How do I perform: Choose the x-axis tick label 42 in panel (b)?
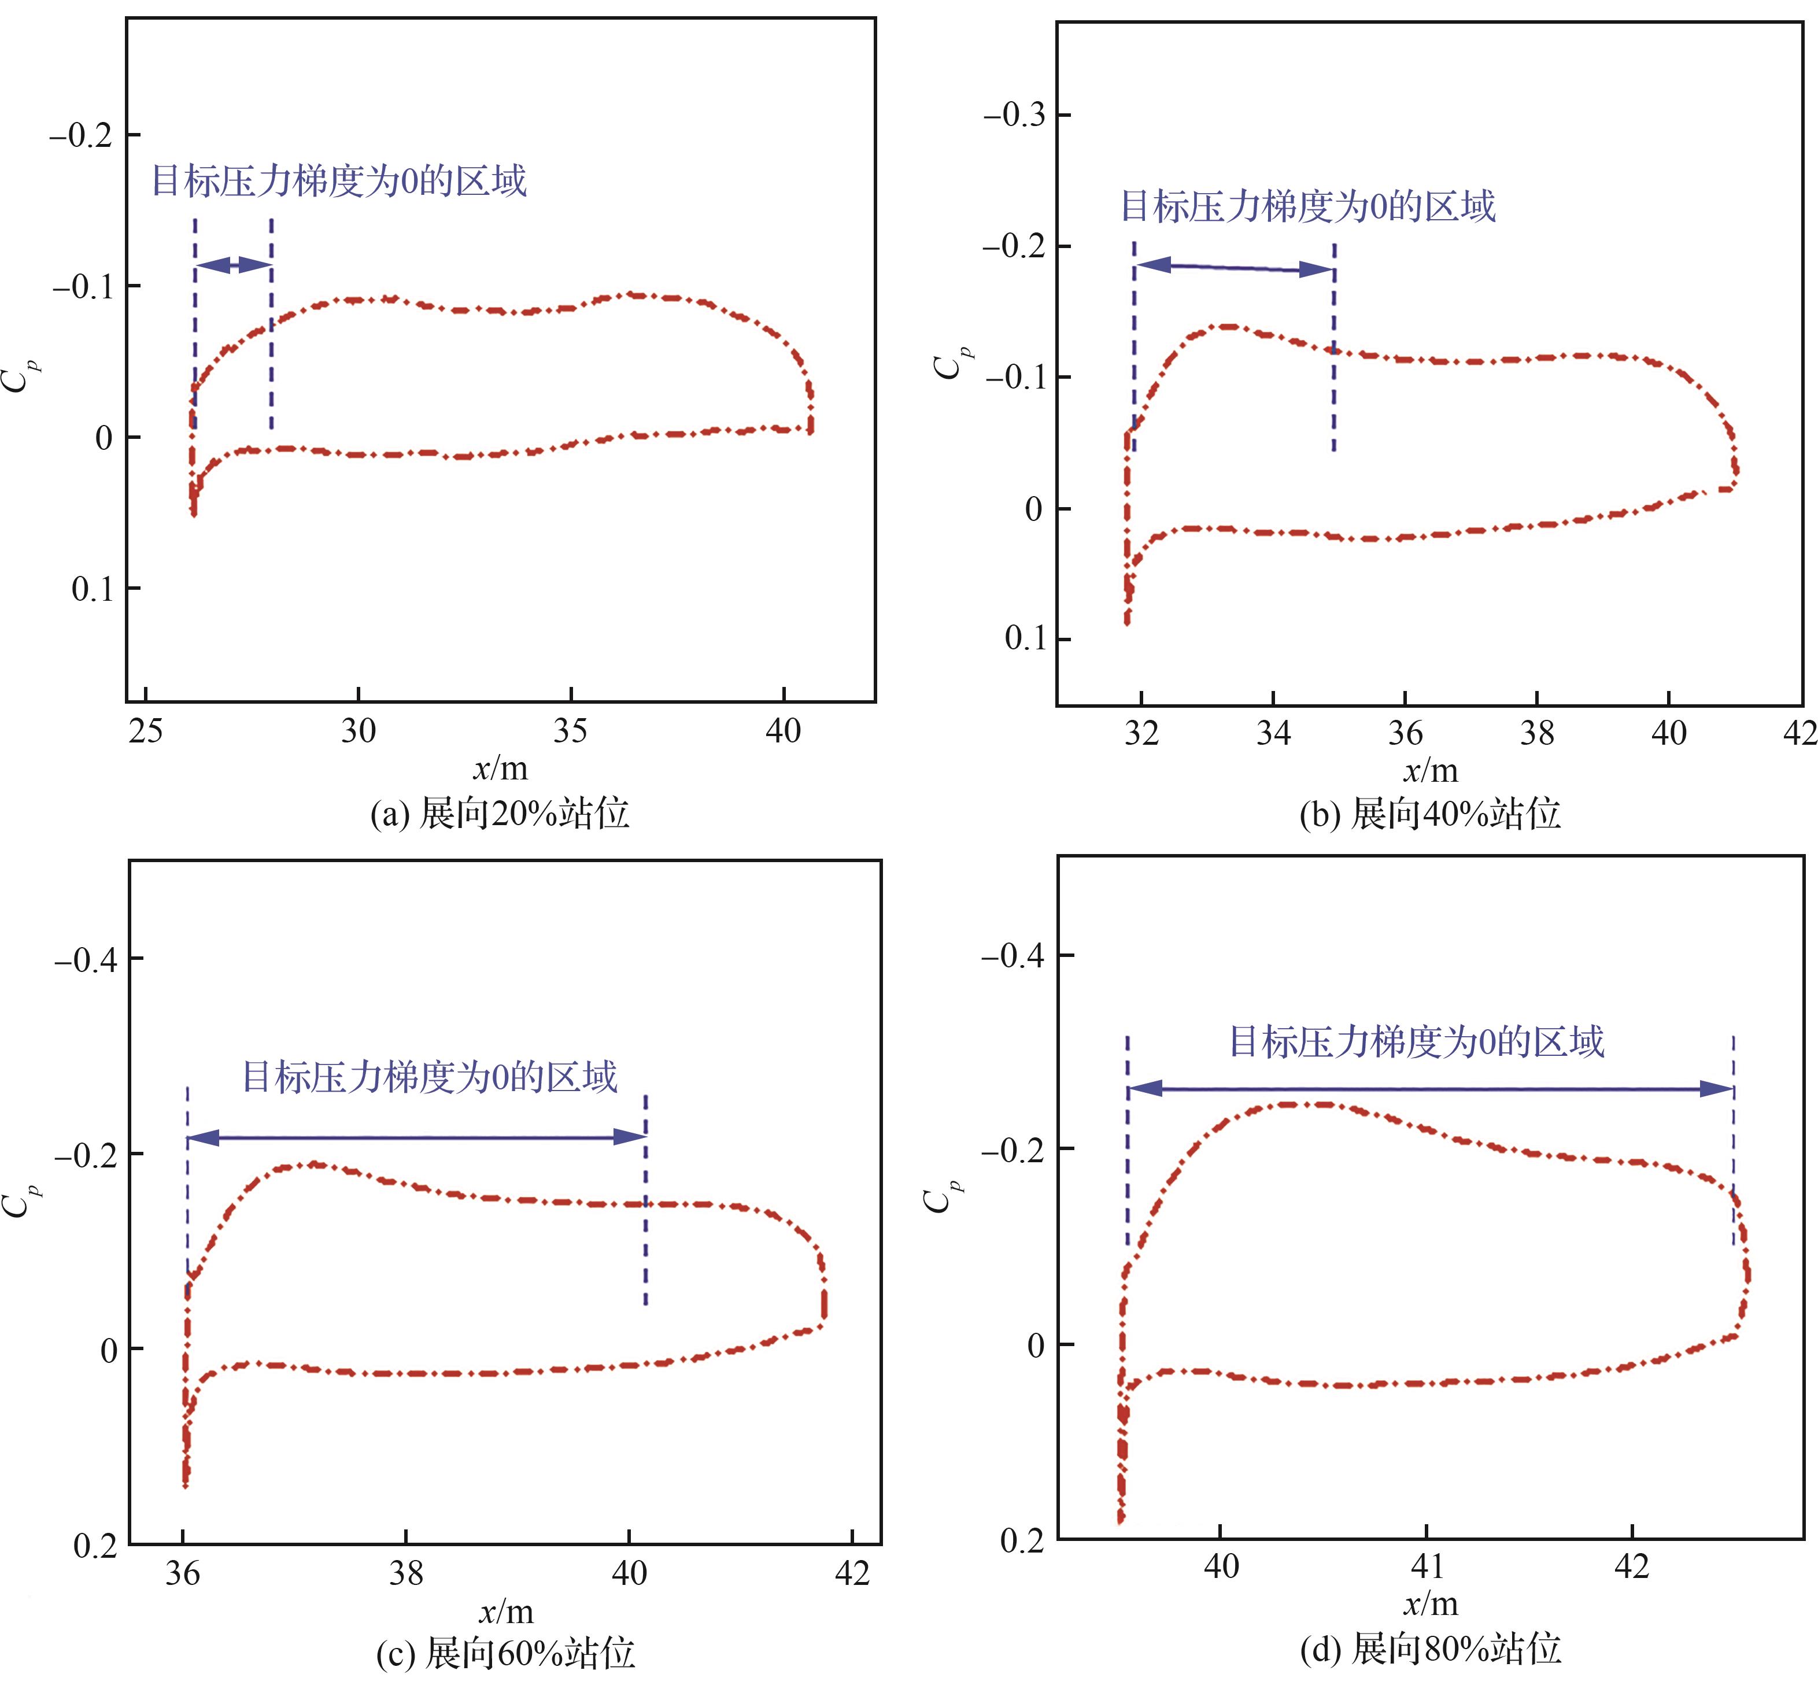coord(1799,733)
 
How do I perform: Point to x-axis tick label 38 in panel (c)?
coord(406,1572)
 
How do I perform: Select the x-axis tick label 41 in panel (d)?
coord(1427,1566)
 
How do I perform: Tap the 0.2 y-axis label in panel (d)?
coord(1022,1540)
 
